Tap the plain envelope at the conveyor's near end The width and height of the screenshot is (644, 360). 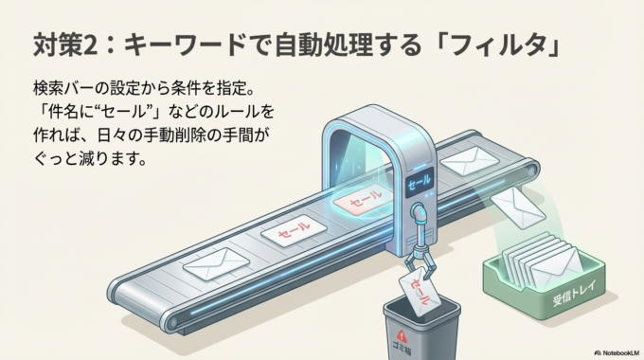tap(212, 262)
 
